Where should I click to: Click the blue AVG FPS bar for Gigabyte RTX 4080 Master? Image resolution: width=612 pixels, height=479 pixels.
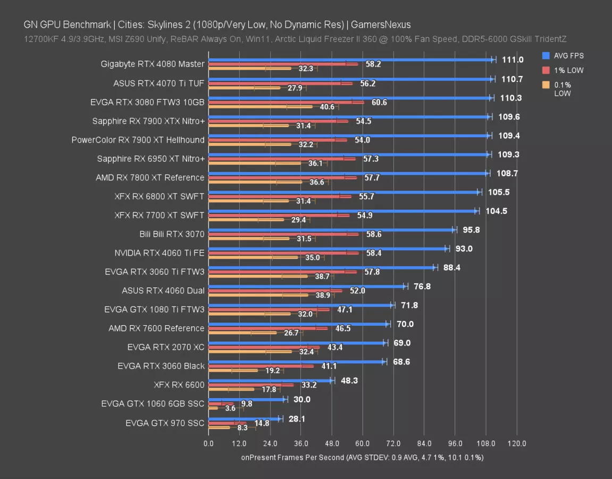click(x=351, y=60)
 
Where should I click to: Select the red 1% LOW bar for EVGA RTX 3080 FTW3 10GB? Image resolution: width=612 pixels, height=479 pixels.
click(x=286, y=102)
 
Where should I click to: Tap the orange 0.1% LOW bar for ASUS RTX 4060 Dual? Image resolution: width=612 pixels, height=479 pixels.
click(x=258, y=295)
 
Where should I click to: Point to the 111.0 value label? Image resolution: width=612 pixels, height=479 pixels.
click(x=513, y=60)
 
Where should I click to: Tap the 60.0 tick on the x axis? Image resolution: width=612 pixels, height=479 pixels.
click(x=363, y=443)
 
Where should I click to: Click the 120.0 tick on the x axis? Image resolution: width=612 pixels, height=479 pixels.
click(x=517, y=443)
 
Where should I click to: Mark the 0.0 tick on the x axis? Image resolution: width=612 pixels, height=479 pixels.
click(x=208, y=443)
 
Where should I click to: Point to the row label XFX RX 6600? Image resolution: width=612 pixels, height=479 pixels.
click(x=179, y=385)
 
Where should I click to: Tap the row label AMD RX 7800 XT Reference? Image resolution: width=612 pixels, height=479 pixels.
click(x=150, y=177)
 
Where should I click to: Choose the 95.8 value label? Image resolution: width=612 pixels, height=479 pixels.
click(x=472, y=230)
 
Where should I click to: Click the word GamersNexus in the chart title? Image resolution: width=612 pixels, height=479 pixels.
click(x=381, y=24)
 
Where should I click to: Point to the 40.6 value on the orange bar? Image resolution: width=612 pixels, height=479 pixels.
click(x=326, y=107)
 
